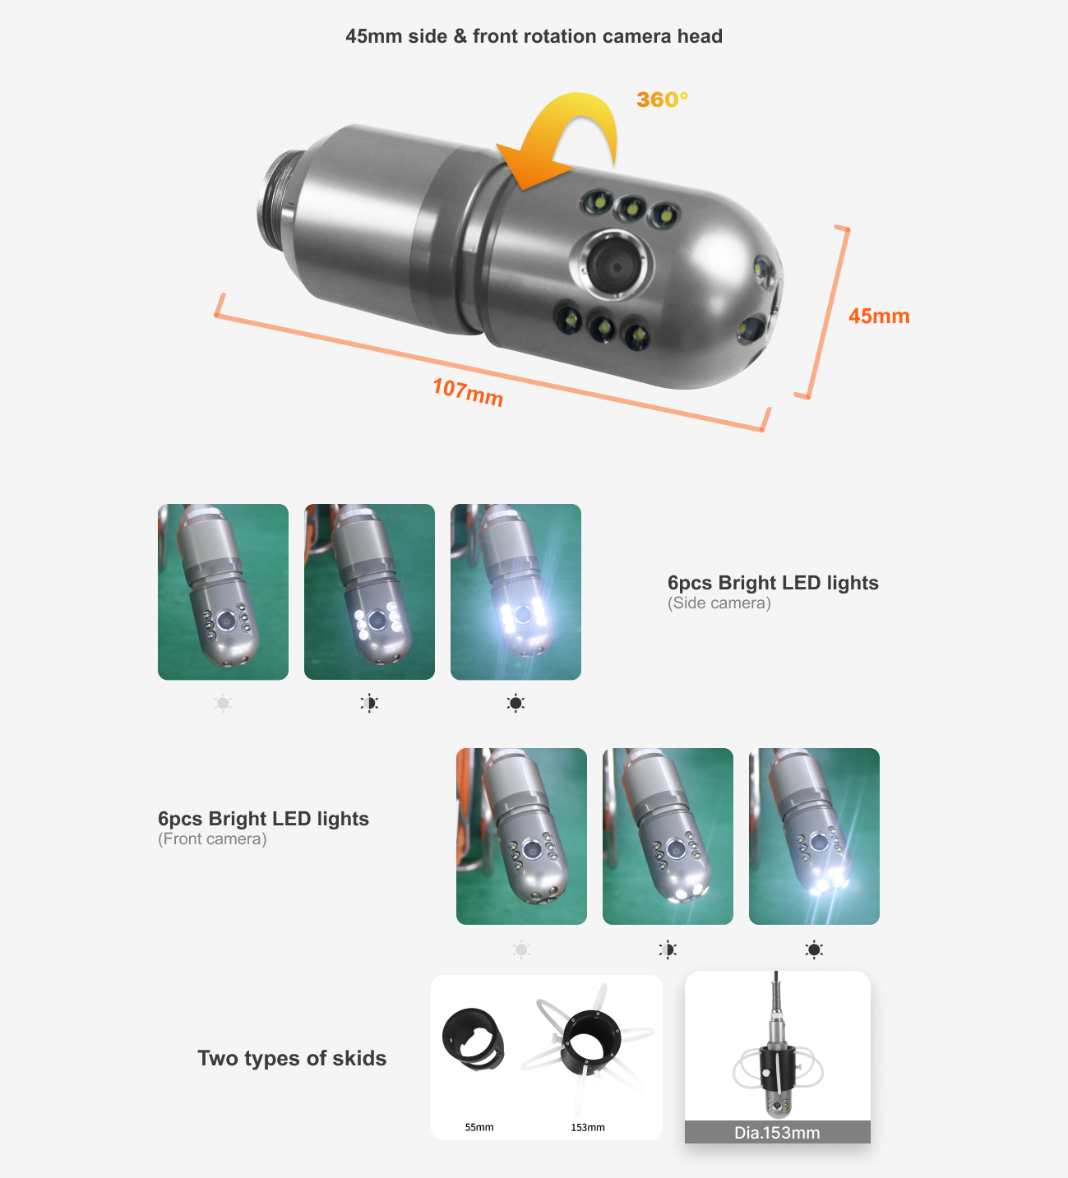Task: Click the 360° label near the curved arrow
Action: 662,99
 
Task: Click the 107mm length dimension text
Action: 468,391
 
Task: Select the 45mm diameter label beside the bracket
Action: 878,316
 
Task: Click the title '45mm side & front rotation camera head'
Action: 534,36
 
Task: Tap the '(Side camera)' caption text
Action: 719,603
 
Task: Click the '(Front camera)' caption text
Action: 212,839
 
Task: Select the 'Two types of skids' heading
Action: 292,1058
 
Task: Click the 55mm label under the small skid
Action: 479,1127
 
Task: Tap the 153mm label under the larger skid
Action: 588,1127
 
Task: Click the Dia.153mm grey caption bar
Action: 777,1132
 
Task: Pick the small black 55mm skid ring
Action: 473,1038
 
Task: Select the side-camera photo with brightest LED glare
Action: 516,592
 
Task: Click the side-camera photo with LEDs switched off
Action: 223,592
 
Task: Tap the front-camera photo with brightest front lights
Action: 814,836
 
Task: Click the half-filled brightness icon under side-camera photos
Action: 369,703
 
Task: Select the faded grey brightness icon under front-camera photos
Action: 521,949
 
